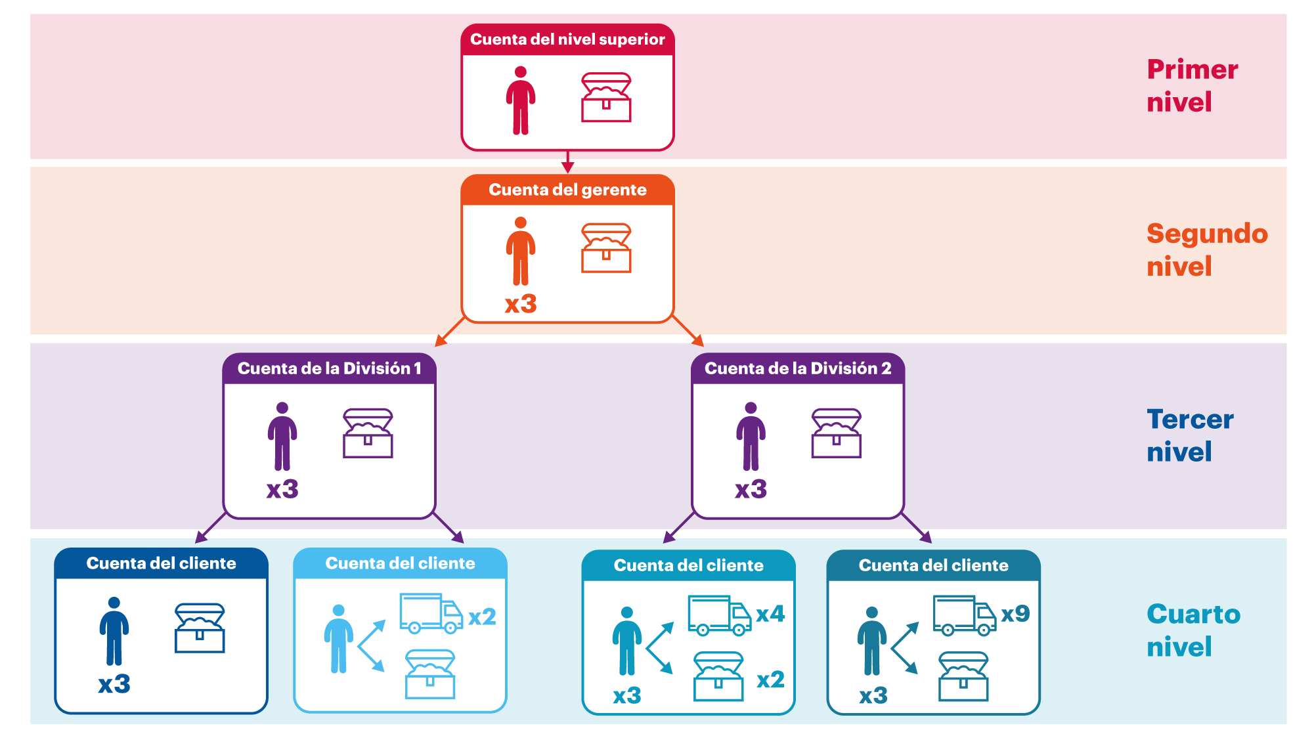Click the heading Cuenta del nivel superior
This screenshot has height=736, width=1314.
point(567,39)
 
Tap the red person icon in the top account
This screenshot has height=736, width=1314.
point(521,100)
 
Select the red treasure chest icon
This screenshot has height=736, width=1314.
point(606,97)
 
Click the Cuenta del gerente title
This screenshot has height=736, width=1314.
point(567,190)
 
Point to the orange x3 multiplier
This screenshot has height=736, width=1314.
point(521,304)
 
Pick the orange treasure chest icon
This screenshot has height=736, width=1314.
point(606,248)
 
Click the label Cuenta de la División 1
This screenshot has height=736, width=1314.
point(329,368)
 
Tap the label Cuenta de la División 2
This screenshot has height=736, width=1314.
point(798,368)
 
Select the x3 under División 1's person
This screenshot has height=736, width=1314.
point(282,489)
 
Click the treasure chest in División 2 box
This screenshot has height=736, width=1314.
point(836,433)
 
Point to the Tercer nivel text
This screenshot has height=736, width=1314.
point(1189,435)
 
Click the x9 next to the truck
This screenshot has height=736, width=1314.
point(1015,613)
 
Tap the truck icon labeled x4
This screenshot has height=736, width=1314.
point(719,615)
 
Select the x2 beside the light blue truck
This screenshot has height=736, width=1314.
point(482,617)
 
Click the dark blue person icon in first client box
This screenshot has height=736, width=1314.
point(114,631)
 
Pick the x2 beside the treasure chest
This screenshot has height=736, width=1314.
point(770,680)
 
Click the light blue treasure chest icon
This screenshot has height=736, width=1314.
point(430,674)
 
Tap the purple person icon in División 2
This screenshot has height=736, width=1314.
point(751,436)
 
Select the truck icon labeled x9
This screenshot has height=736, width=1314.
point(964,615)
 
